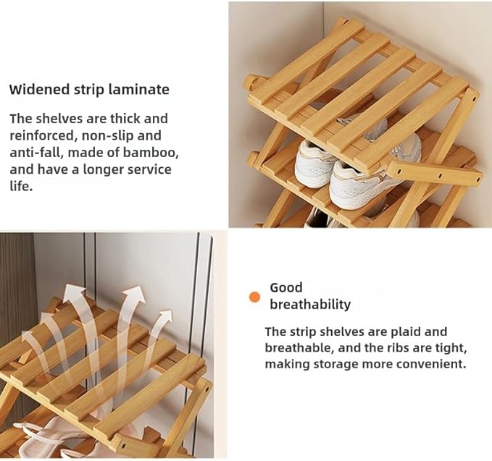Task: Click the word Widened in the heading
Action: pyautogui.click(x=39, y=89)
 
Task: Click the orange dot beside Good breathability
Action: pyautogui.click(x=254, y=297)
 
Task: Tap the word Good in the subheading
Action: pyautogui.click(x=285, y=288)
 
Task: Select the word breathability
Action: pyautogui.click(x=310, y=304)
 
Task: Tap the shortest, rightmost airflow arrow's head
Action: pyautogui.click(x=164, y=319)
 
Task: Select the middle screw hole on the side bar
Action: pyautogui.click(x=440, y=176)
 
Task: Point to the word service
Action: pyautogui.click(x=149, y=169)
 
